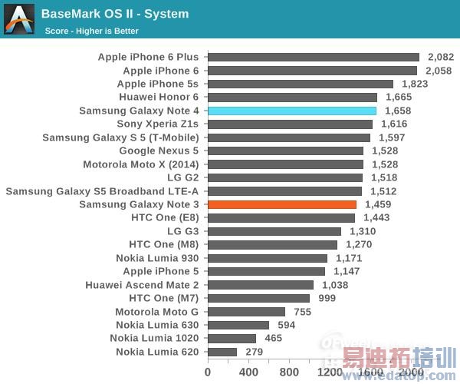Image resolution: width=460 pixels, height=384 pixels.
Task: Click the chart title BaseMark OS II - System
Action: pos(115,14)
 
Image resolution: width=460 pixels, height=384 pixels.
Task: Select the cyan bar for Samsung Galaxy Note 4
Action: pos(292,111)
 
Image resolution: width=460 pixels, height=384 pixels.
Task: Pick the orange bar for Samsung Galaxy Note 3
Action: pos(282,204)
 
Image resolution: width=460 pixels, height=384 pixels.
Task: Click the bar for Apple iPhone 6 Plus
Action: pos(314,57)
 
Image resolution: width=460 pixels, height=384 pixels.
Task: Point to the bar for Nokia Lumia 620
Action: pos(222,352)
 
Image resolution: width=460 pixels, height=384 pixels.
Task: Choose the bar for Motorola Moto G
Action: pos(246,312)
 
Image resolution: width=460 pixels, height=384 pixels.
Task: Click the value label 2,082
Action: pos(441,57)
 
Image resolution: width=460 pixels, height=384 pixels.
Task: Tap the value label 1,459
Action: pos(377,204)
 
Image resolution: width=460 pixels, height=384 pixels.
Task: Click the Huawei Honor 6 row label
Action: pos(159,97)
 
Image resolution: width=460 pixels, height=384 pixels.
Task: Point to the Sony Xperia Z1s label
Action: pos(157,124)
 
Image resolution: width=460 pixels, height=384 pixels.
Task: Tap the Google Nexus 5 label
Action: pos(159,151)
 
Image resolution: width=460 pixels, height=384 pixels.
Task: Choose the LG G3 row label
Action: pos(182,231)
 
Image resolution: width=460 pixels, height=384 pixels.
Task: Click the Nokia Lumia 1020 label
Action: pos(154,338)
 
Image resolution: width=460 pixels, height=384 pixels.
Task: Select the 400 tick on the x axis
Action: pos(248,372)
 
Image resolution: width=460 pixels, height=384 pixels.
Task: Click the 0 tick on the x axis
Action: pos(208,372)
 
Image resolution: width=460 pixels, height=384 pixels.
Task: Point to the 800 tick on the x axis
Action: pos(289,372)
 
